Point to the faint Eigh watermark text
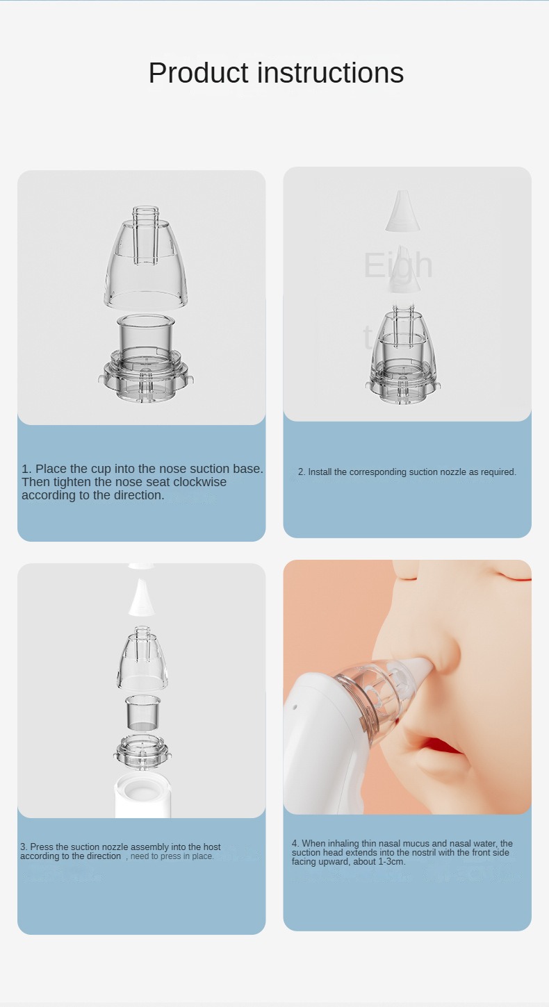pos(398,265)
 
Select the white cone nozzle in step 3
pos(142,597)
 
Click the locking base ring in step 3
pos(142,750)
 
